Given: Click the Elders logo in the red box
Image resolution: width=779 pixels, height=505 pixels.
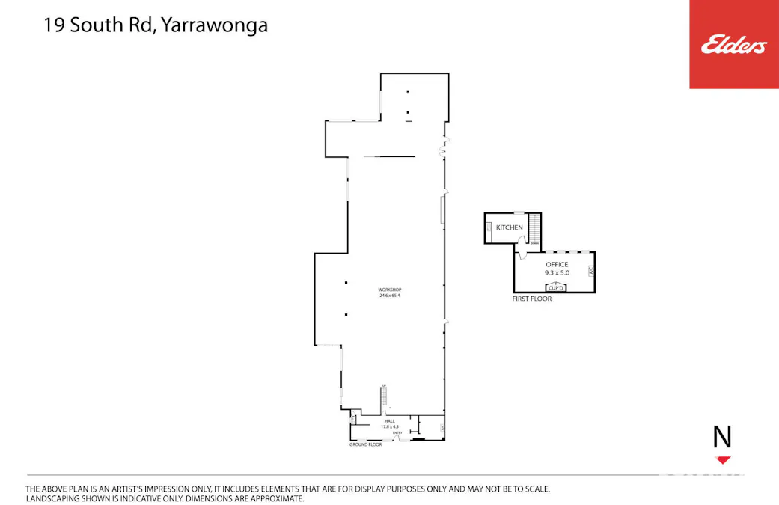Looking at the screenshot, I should [733, 45].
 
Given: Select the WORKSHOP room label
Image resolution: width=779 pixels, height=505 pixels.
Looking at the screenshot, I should [390, 290].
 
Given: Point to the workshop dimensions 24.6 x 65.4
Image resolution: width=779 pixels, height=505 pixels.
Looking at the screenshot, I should [390, 296].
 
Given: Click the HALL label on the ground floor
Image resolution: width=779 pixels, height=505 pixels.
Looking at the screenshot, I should [390, 421].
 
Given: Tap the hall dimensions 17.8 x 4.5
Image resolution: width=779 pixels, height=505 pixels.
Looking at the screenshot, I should [390, 426].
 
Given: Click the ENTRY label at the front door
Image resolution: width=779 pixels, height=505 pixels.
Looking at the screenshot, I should [397, 432].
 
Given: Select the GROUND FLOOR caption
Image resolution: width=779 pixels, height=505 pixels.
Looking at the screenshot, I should [365, 445].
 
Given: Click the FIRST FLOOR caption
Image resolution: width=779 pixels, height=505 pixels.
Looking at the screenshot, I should [532, 299].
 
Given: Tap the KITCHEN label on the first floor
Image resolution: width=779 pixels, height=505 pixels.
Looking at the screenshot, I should [510, 227].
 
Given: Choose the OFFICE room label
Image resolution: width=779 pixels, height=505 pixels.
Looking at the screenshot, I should [557, 264].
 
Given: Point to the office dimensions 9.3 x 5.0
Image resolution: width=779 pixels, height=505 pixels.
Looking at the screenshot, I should [557, 273].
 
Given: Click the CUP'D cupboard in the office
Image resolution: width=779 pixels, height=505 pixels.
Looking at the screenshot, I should [555, 287].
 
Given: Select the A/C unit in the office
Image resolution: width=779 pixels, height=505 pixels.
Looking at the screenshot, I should [590, 271].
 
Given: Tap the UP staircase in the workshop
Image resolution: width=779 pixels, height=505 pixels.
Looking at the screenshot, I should [385, 397].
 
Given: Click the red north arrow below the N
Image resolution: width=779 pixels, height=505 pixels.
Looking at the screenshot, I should [723, 459].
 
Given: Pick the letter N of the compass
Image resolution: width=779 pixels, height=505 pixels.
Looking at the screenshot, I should [722, 437].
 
